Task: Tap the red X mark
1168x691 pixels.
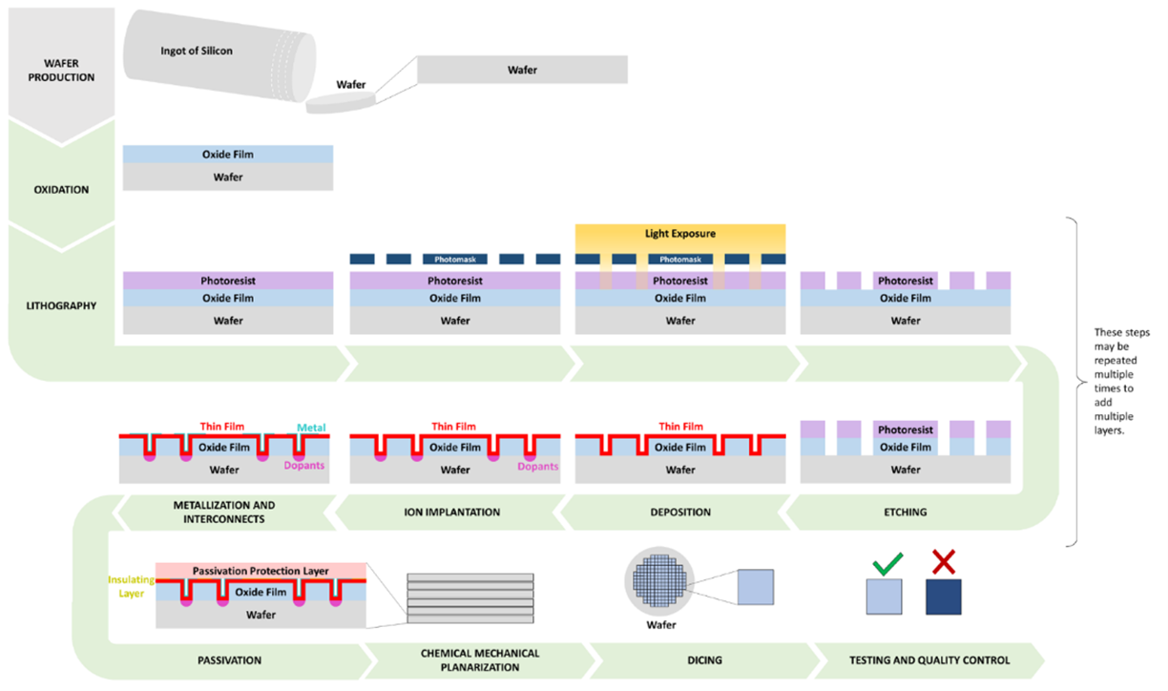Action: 943,562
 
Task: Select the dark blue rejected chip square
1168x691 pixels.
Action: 943,597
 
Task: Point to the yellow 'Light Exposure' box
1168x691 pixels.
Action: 679,234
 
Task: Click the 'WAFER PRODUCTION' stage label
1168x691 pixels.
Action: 62,71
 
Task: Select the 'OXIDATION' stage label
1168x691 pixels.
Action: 62,189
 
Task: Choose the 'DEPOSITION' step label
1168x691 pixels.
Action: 679,513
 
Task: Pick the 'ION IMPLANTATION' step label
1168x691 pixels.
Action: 454,513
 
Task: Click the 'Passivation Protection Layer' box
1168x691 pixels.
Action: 261,570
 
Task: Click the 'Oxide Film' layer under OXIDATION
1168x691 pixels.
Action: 228,155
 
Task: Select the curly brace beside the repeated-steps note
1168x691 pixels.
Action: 1074,382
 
